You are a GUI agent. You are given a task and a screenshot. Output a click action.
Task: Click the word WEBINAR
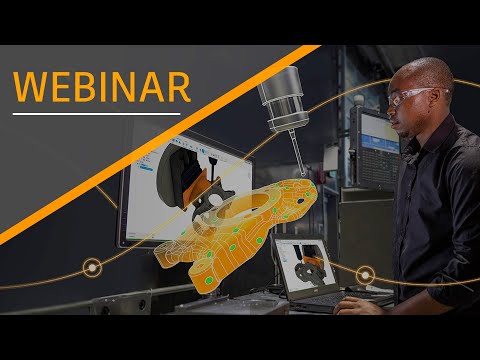point(103,86)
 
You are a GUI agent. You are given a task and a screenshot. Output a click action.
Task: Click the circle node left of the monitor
point(92,267)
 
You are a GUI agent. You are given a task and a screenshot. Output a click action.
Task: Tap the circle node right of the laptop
point(365,274)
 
